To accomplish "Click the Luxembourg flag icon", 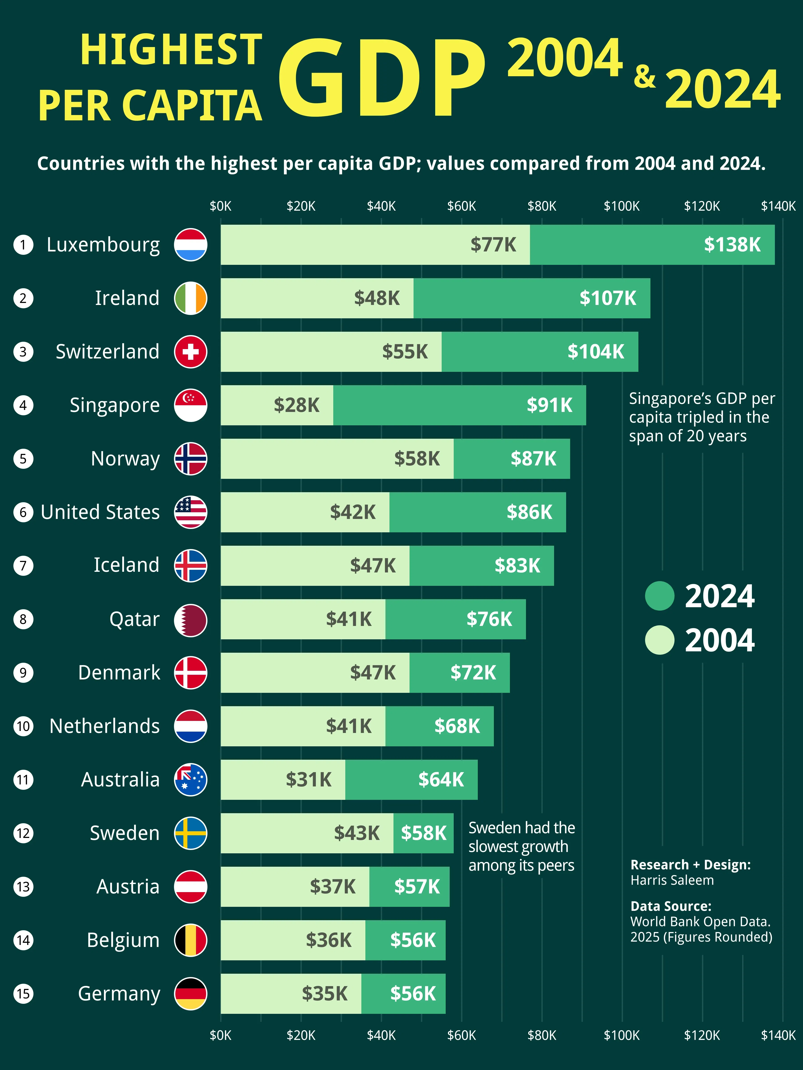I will pos(191,245).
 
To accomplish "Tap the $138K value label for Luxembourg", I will pos(732,245).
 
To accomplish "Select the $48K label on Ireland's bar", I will pos(377,298).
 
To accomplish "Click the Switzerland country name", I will pos(108,352).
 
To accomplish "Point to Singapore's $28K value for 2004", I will pos(296,405).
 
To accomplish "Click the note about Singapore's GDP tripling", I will pos(701,417).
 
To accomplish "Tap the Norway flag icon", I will pos(191,459).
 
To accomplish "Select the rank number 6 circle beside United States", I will pos(23,512).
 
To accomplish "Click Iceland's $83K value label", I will pos(517,566).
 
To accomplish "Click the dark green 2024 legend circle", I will pos(659,596).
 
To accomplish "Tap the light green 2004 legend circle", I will pos(659,640).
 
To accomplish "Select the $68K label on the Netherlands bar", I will pos(457,726).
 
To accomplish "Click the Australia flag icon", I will pos(191,780).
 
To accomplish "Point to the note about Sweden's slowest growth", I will pos(521,846).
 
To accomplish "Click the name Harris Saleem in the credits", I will pos(672,880).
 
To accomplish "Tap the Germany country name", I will pos(119,994).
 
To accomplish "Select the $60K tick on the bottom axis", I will pos(461,1035).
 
